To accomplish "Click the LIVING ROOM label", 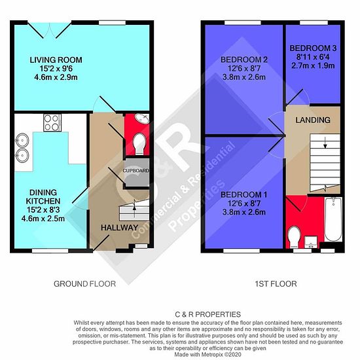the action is pyautogui.click(x=56, y=60).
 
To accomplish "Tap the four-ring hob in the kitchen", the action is pyautogui.click(x=52, y=123).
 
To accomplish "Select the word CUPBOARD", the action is pyautogui.click(x=135, y=171).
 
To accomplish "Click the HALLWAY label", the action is pyautogui.click(x=119, y=228).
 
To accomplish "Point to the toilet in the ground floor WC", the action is pyautogui.click(x=139, y=144).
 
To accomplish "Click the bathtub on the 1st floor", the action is pyautogui.click(x=333, y=219).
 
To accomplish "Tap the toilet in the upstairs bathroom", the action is pyautogui.click(x=294, y=237).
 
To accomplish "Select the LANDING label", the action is pyautogui.click(x=313, y=120).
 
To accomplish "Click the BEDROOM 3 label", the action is pyautogui.click(x=313, y=48).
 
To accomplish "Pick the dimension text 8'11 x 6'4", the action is pyautogui.click(x=313, y=57).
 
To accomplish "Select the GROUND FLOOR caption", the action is pyautogui.click(x=84, y=284).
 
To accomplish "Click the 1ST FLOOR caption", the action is pyautogui.click(x=276, y=284).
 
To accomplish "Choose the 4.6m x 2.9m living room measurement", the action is pyautogui.click(x=56, y=77).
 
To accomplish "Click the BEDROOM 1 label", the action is pyautogui.click(x=244, y=195).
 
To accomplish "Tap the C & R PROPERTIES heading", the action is pyautogui.click(x=207, y=314).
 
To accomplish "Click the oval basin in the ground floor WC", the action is pyautogui.click(x=143, y=118).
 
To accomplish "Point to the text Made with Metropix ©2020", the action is pyautogui.click(x=207, y=355).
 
